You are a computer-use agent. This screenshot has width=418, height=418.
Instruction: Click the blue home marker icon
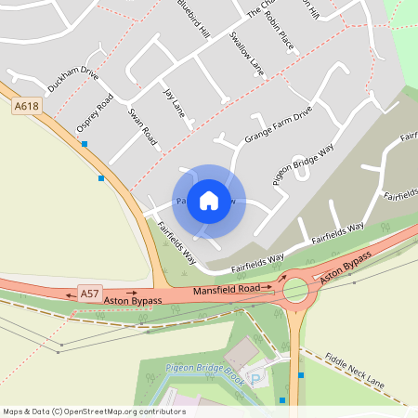click(x=209, y=200)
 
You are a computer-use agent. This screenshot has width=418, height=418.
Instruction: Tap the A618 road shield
click(x=27, y=107)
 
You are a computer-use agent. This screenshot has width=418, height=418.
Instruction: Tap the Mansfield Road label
click(x=227, y=291)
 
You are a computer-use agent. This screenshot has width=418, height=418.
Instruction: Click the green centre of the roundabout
click(x=295, y=291)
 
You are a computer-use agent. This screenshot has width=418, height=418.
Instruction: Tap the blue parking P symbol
click(x=257, y=380)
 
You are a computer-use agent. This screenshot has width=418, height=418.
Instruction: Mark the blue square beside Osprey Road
click(x=85, y=144)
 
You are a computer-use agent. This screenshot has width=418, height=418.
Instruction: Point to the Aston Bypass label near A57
click(x=133, y=301)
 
